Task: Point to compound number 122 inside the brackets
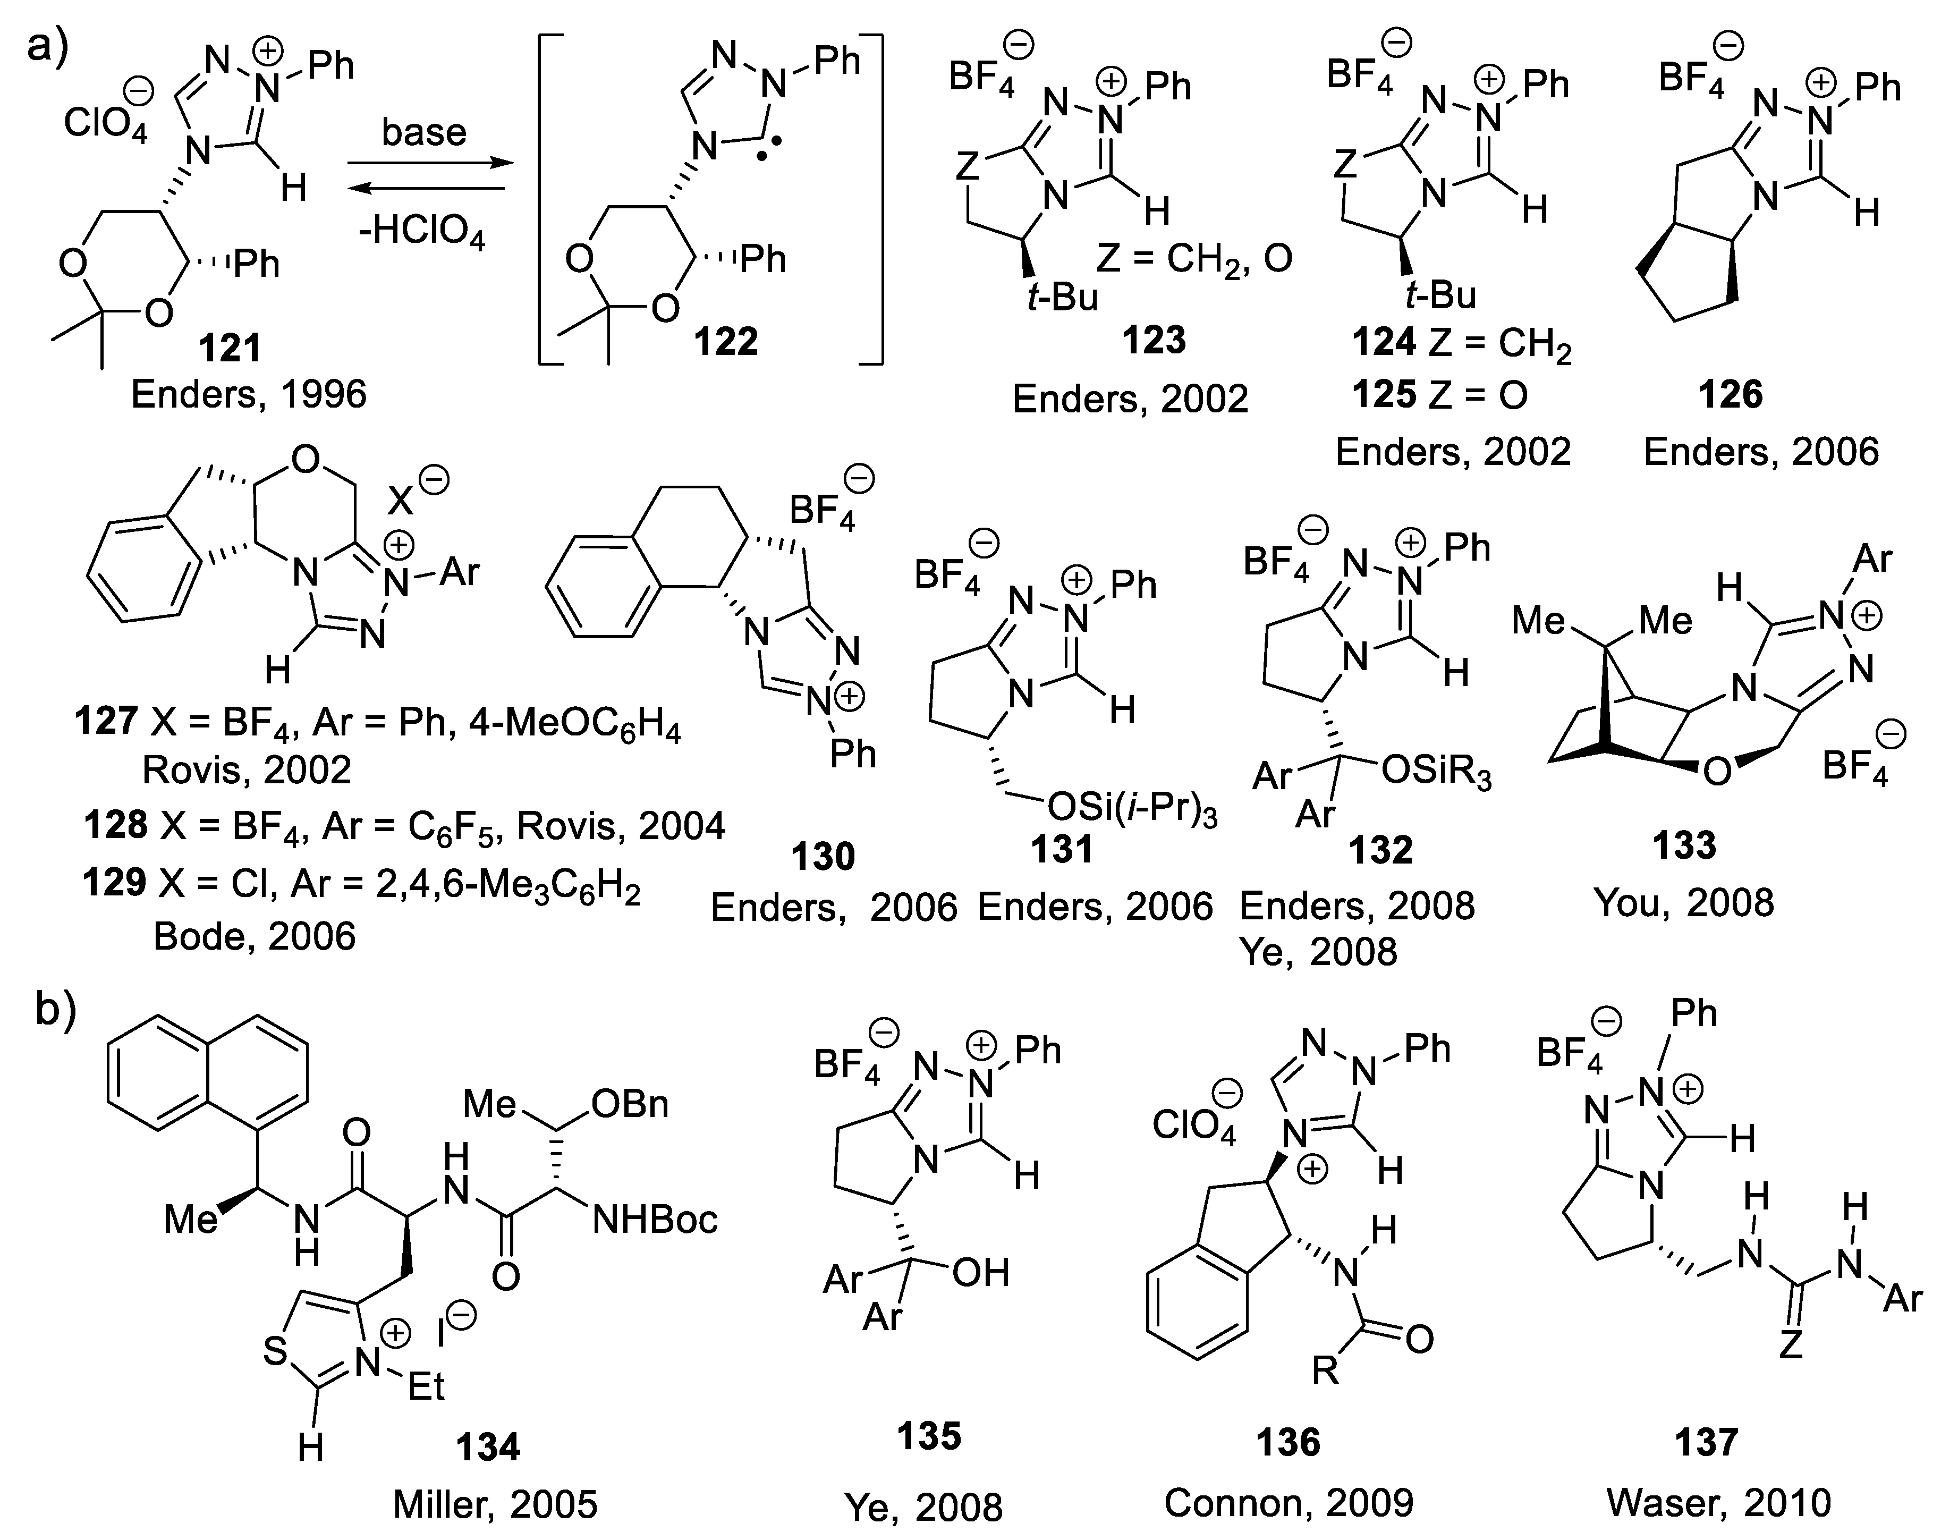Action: (726, 341)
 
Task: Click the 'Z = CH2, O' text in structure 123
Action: (1194, 259)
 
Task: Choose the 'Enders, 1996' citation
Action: (249, 394)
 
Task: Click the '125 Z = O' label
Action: (1439, 394)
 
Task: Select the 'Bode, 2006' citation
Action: (254, 937)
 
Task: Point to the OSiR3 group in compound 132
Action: (1435, 773)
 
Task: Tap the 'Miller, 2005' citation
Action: (495, 1504)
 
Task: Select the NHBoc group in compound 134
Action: (655, 1220)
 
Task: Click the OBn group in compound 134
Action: (630, 1105)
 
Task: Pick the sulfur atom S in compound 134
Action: (275, 1352)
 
